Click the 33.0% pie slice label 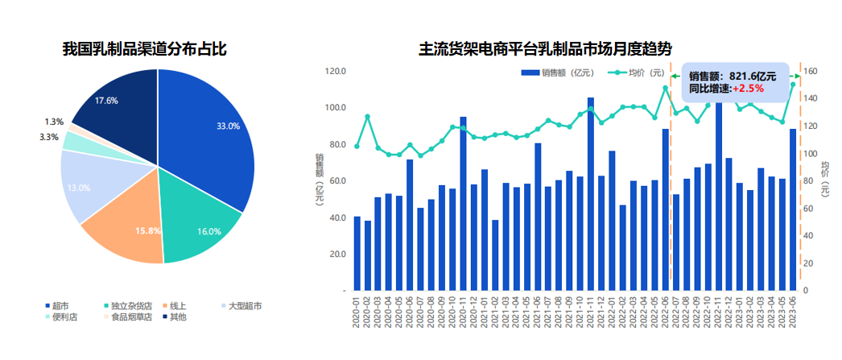coord(229,126)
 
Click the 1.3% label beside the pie coord(54,122)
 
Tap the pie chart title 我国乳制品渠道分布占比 coord(145,49)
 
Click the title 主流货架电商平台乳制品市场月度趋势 coord(545,49)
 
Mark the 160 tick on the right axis coord(811,71)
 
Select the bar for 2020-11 coord(464,203)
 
